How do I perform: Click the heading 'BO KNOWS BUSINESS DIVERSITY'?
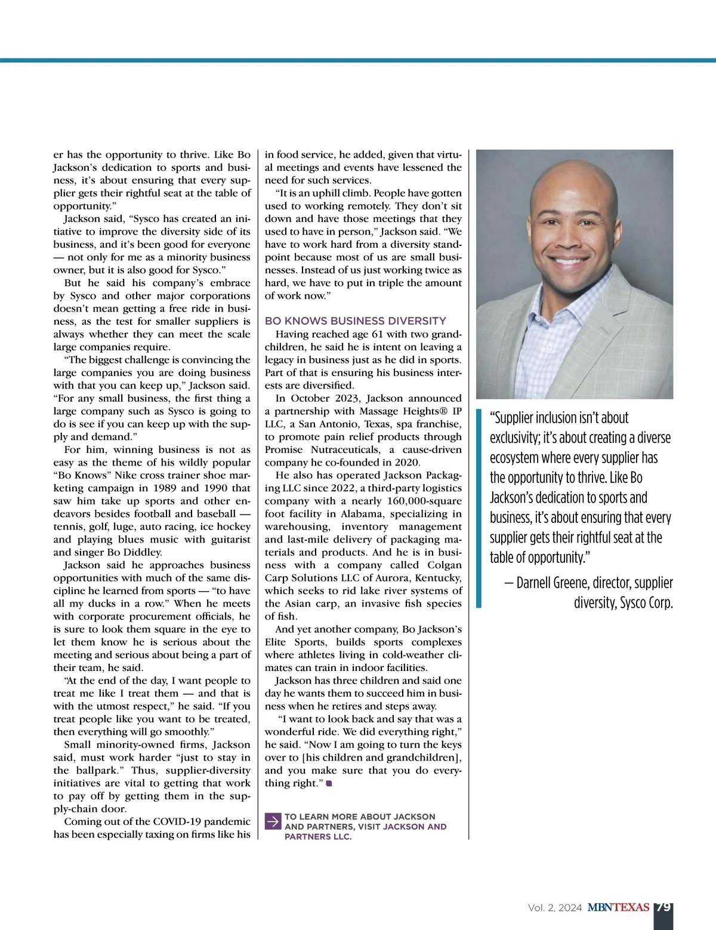[355, 321]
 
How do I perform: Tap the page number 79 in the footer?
[663, 907]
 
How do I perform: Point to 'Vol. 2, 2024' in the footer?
[554, 908]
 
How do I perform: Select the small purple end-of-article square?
[329, 783]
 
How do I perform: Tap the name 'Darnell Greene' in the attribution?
[554, 583]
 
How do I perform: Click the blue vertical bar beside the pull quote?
[479, 508]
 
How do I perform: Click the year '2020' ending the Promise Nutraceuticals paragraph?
[408, 463]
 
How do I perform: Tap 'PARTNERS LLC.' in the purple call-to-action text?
[318, 837]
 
